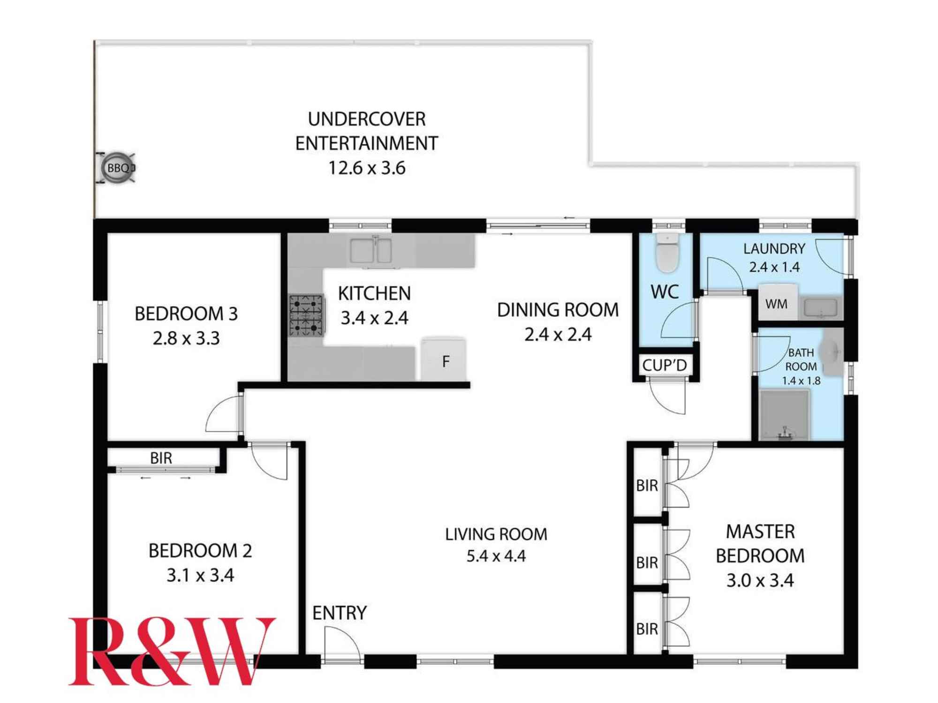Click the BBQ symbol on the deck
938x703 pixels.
coord(117,168)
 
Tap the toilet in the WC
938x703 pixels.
coord(667,253)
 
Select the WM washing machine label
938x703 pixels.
coord(776,304)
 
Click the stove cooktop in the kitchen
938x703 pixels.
coord(306,315)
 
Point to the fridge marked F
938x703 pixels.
coord(444,359)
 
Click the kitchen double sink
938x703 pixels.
coord(371,251)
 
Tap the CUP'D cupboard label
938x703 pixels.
coord(665,365)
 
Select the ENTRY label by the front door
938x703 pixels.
coord(340,613)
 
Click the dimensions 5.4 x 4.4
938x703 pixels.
coord(496,556)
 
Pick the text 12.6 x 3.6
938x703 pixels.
coord(367,168)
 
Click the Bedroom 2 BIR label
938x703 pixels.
coord(161,458)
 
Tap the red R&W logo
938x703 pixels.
coord(172,651)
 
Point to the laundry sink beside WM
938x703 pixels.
coord(820,308)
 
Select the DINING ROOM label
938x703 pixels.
coord(558,310)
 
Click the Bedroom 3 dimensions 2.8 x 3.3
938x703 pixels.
coord(186,338)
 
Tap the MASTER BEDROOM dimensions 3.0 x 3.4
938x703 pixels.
coord(760,580)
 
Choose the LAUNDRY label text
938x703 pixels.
coord(774,248)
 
